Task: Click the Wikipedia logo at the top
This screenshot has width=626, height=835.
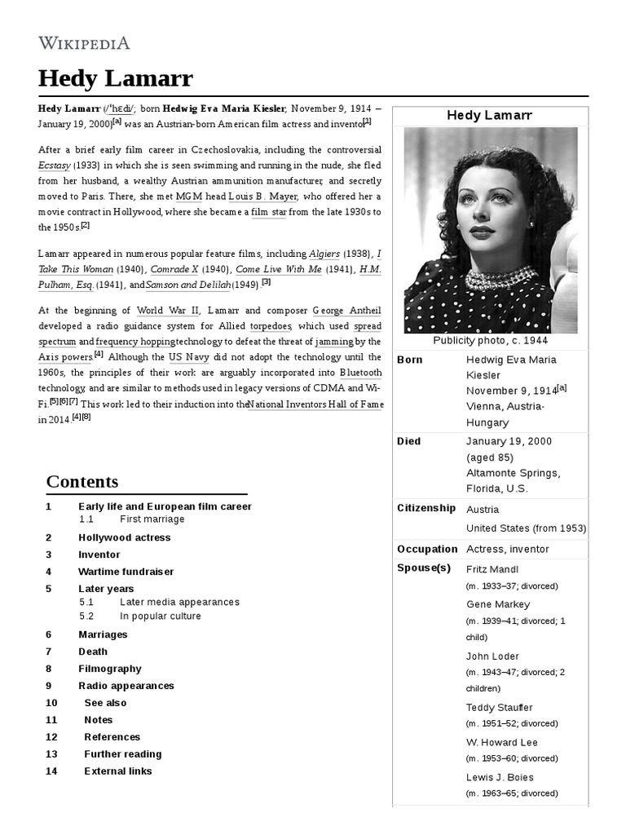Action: tap(84, 43)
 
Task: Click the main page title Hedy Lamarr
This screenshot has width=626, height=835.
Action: tap(115, 78)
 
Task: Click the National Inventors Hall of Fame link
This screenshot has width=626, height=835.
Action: tap(315, 404)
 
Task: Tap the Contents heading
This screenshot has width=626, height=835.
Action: tap(82, 481)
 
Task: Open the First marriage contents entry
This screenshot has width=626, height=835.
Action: tap(152, 519)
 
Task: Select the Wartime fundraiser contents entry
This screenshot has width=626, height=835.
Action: tap(126, 572)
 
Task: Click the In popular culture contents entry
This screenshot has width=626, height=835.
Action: tap(160, 616)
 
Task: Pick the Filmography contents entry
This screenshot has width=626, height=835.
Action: tap(109, 669)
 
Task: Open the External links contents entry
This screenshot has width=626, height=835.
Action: tap(117, 771)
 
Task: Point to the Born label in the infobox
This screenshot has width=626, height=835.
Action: tap(409, 360)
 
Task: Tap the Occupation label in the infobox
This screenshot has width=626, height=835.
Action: tap(426, 549)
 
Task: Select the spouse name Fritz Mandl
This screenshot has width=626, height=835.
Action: tap(492, 569)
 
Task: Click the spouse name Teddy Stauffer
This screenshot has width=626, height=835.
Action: tap(499, 707)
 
